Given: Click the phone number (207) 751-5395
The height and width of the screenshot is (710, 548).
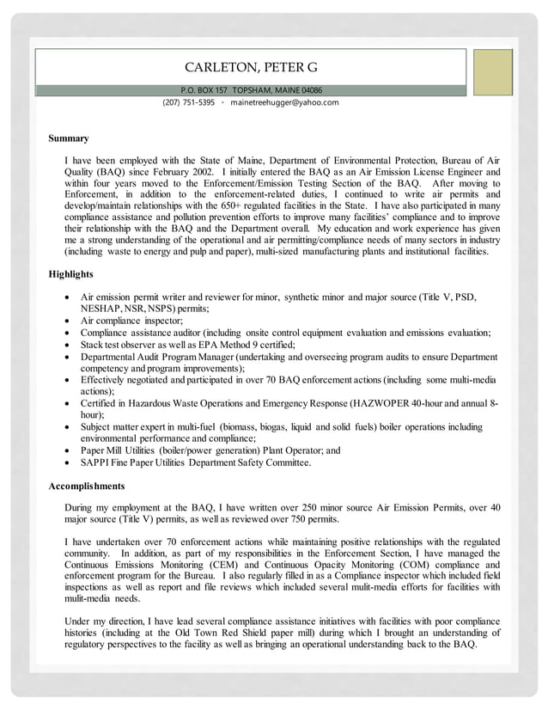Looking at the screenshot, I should [188, 102].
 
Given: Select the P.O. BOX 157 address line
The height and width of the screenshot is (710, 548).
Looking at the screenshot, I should [251, 90].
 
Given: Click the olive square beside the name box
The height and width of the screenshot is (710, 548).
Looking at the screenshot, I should [492, 72].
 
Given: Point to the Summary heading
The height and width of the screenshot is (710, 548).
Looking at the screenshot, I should [68, 138].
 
